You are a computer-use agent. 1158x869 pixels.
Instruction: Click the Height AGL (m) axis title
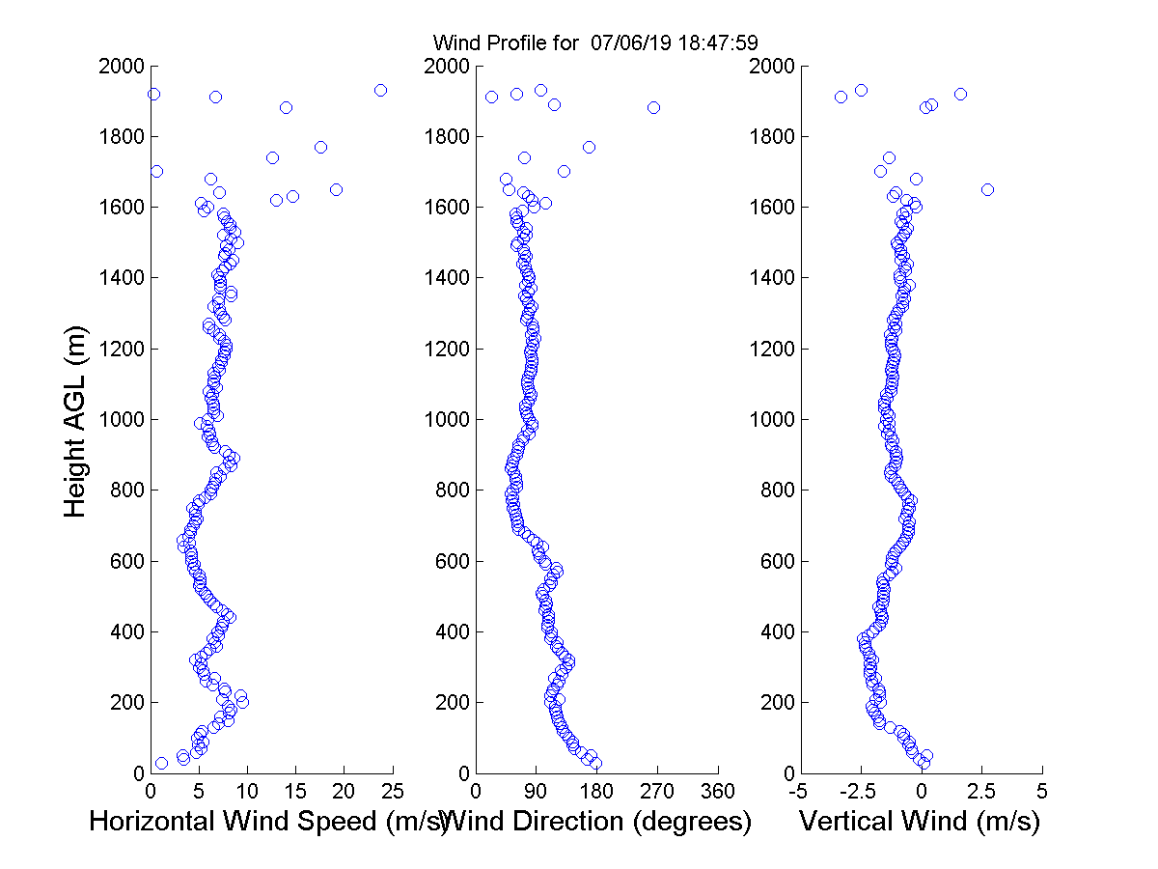[x=76, y=421]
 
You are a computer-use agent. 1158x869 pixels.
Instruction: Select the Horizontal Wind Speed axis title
[x=268, y=822]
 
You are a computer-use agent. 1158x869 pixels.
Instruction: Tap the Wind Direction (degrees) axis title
[x=598, y=822]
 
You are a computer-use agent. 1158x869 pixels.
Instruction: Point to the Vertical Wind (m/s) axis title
[x=920, y=822]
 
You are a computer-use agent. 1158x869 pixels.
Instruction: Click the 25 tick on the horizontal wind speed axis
[x=392, y=792]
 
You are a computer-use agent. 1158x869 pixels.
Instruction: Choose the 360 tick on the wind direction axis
[x=718, y=792]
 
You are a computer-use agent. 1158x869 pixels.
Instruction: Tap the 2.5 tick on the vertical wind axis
[x=981, y=792]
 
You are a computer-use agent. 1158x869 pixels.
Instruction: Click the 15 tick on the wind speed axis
[x=295, y=792]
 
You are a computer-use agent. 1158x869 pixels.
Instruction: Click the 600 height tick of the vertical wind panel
[x=773, y=561]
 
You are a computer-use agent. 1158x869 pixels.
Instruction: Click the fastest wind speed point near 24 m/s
[x=380, y=90]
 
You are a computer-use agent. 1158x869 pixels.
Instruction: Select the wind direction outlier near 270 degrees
[x=653, y=107]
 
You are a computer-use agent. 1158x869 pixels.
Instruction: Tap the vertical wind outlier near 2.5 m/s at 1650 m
[x=987, y=189]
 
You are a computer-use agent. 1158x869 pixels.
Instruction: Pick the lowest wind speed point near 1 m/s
[x=161, y=763]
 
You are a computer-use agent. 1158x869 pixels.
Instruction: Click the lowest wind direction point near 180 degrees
[x=596, y=763]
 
